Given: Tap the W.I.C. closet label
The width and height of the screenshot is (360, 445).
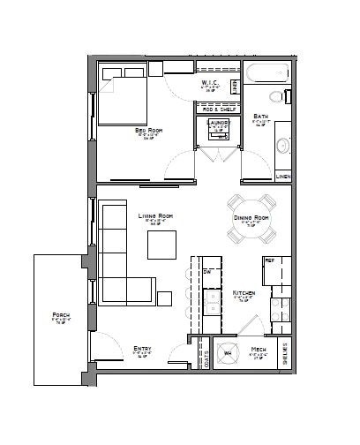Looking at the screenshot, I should click(x=209, y=84).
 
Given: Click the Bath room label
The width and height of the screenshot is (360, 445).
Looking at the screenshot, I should click(x=260, y=117).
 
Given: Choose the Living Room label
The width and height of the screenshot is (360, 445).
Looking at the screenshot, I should click(x=154, y=215).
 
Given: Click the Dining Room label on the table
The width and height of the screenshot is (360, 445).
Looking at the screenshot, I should click(x=250, y=217).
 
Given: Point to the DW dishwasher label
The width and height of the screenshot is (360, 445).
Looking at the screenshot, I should click(x=206, y=273).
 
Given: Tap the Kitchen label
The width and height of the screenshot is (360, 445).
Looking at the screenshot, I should click(x=244, y=292).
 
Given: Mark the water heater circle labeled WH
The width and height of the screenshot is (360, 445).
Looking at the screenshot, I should click(x=228, y=354).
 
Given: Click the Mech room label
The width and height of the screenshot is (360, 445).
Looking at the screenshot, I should click(x=259, y=351).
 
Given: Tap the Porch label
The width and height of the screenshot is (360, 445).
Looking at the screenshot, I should click(x=61, y=315).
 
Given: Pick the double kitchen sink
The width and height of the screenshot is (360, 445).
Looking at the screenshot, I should click(x=212, y=300).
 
